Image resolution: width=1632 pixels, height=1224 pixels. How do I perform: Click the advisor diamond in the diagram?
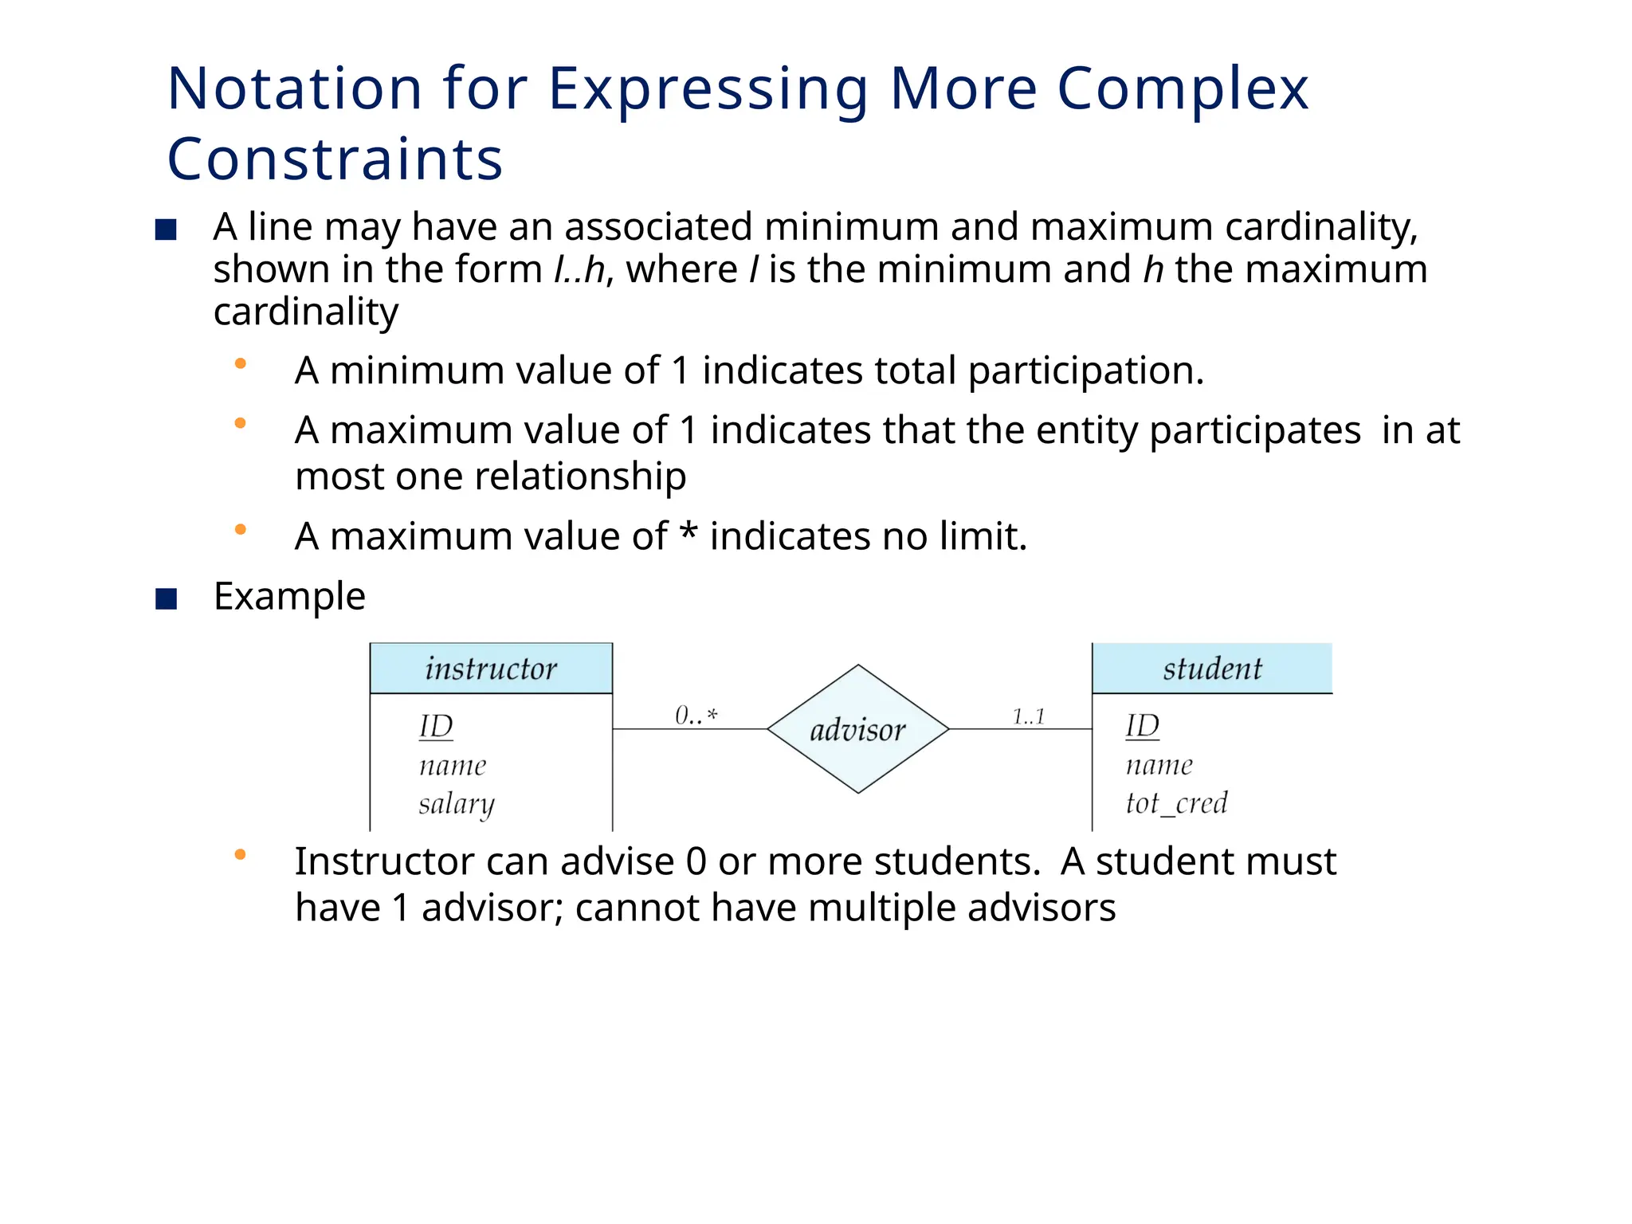857,729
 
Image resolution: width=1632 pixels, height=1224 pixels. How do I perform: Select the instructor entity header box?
491,669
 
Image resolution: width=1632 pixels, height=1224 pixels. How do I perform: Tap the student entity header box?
1211,669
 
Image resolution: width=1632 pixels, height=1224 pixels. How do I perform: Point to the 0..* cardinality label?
696,715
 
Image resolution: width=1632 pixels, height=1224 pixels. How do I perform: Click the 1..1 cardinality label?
1028,716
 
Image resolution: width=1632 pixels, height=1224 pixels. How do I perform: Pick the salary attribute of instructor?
457,803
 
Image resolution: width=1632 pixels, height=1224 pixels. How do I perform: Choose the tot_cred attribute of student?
1176,802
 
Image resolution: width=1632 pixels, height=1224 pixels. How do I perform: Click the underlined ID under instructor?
436,726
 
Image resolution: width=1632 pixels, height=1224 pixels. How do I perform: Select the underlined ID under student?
1142,725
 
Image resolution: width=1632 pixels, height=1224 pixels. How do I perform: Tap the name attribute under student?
1159,765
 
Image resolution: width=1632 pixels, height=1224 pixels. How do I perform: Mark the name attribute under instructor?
453,766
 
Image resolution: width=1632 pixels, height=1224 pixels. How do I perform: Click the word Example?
289,596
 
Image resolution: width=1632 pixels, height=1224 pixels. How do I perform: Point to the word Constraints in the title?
335,159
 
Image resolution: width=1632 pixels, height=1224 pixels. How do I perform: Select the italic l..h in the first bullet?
579,269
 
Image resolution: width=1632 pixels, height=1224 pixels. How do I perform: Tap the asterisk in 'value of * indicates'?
688,532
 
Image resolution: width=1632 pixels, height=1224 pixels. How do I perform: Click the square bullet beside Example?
166,598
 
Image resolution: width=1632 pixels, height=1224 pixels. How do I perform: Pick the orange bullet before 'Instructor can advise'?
240,855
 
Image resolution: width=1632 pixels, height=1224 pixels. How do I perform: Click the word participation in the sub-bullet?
1085,371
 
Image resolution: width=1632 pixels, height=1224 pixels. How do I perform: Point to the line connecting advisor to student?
1020,729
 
